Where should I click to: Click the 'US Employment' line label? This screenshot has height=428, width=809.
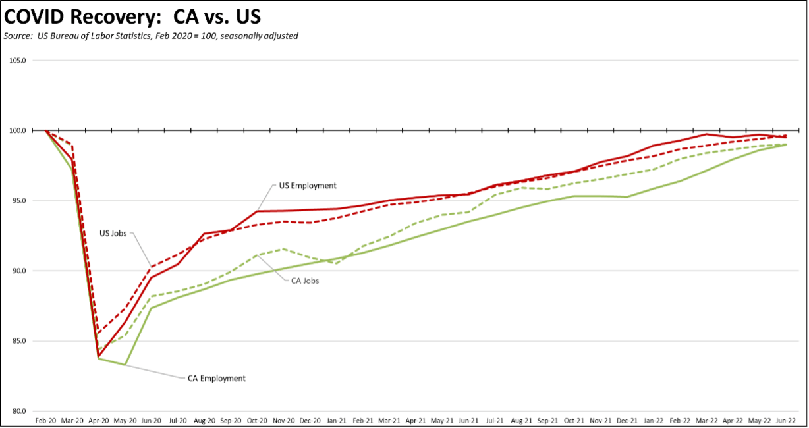[x=307, y=186]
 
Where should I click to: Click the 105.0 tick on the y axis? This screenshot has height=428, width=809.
[x=17, y=61]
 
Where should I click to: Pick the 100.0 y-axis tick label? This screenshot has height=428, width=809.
[x=17, y=130]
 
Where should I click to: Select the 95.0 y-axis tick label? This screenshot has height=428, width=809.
[x=17, y=201]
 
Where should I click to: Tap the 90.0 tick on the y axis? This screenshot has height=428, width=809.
[x=17, y=271]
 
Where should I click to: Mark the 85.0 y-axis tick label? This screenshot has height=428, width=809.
[x=17, y=341]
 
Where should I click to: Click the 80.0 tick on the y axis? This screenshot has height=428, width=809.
[x=17, y=411]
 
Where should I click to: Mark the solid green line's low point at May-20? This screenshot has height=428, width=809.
[x=125, y=364]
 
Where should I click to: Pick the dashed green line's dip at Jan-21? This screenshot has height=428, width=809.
[x=336, y=264]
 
